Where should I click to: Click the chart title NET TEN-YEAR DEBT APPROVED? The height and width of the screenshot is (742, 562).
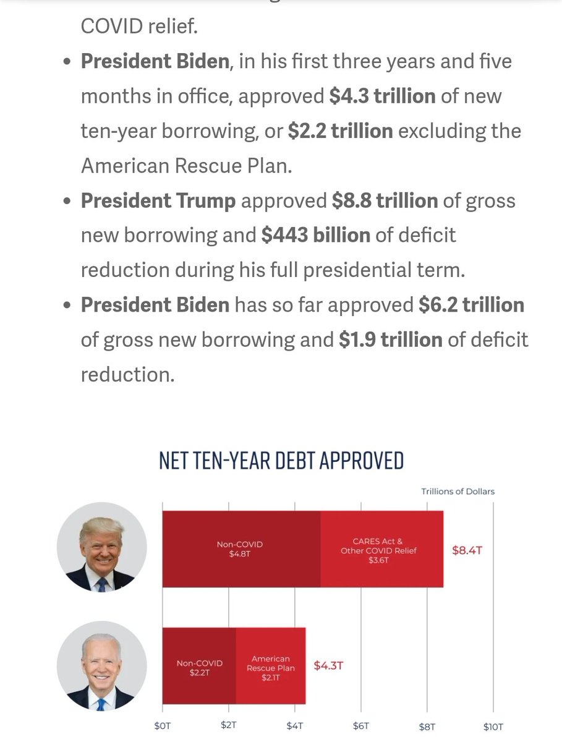(281, 461)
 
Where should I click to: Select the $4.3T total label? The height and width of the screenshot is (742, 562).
(328, 666)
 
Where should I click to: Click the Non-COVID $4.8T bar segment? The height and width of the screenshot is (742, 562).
(241, 549)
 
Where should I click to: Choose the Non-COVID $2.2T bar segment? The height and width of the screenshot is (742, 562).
(198, 667)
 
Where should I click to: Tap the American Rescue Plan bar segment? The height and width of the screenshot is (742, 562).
(271, 667)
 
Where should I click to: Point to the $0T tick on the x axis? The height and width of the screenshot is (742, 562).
(162, 727)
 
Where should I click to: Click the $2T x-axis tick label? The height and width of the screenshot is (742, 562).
(228, 727)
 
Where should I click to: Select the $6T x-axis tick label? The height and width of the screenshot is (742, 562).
(360, 727)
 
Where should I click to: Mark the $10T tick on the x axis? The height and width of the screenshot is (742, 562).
(493, 727)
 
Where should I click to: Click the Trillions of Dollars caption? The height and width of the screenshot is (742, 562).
(458, 492)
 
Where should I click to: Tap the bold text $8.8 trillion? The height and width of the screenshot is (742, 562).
(385, 201)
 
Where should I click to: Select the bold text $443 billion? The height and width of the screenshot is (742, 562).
(315, 235)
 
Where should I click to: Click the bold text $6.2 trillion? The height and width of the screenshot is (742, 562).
(471, 305)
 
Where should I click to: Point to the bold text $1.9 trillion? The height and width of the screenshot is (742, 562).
(391, 339)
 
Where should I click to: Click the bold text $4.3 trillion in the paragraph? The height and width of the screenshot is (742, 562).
(382, 96)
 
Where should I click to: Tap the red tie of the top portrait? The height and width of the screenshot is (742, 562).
(101, 584)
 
